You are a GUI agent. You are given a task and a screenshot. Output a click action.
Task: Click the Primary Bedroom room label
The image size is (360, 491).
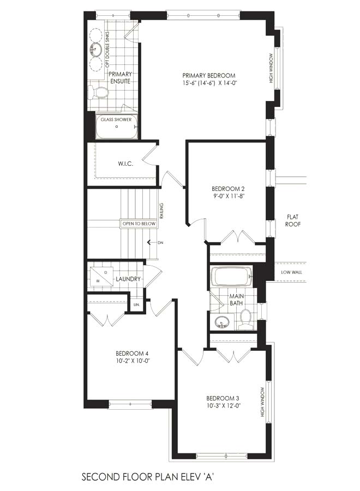tap(209, 75)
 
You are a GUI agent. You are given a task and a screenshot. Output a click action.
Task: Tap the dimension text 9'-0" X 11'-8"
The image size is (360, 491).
tap(227, 196)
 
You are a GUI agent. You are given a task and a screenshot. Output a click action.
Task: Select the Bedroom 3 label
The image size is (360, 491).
tap(223, 398)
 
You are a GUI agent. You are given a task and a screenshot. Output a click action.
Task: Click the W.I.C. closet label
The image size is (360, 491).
tap(125, 164)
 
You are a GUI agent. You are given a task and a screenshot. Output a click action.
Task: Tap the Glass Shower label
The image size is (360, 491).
tap(116, 119)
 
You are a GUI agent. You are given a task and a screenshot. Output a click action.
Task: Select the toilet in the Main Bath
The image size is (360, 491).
tap(245, 319)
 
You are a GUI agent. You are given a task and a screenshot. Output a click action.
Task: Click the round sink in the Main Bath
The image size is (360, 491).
tap(223, 322)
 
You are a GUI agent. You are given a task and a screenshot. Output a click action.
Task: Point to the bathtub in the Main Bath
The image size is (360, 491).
tap(232, 276)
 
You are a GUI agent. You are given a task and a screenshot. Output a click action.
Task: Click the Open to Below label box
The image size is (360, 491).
tap(139, 224)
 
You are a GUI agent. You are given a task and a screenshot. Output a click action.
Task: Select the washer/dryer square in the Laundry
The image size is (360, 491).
tap(101, 277)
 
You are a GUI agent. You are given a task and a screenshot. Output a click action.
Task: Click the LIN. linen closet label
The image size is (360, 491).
tap(136, 304)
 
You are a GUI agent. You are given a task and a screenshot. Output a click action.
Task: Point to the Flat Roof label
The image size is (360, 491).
tap(293, 220)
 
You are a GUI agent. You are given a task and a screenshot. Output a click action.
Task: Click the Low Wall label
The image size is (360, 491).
tap(291, 272)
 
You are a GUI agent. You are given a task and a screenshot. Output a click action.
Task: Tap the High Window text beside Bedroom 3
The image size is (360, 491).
tap(262, 402)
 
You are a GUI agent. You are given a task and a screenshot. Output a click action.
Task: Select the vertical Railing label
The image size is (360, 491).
tap(161, 211)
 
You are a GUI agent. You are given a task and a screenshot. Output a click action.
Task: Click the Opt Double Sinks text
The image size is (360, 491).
tap(107, 49)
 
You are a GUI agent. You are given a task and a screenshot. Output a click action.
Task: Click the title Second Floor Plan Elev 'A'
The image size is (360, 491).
tap(148, 477)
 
